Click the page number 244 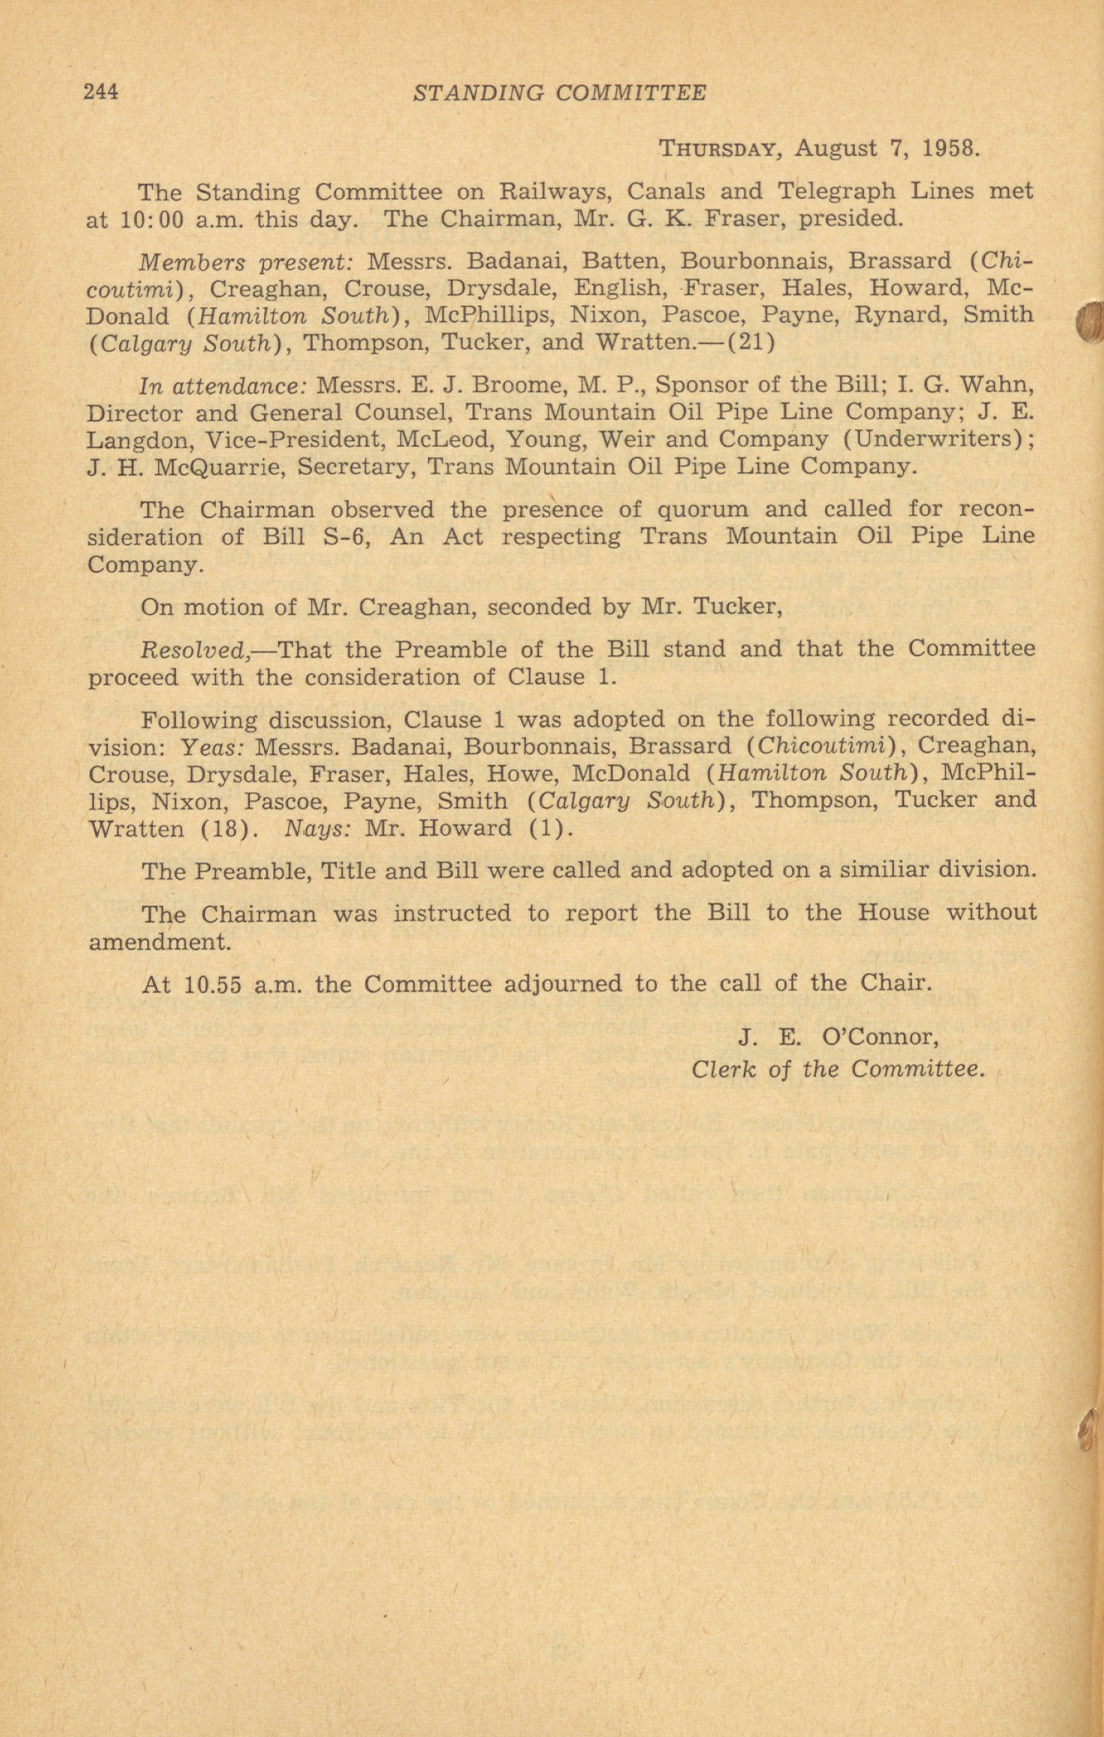point(101,93)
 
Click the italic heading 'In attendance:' point(222,385)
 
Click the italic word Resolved point(195,650)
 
